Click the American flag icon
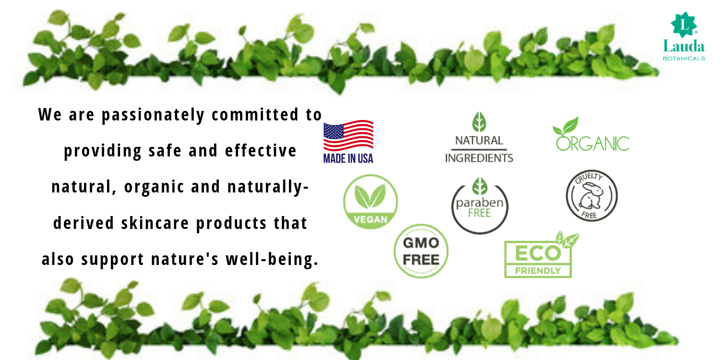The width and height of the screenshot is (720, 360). (x=348, y=135)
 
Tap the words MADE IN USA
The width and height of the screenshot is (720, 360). (x=348, y=158)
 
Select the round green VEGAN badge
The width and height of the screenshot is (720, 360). (x=371, y=202)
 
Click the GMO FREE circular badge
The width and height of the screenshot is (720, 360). (x=421, y=251)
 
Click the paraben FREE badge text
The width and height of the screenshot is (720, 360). (x=480, y=208)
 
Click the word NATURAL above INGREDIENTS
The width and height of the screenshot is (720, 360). (x=479, y=141)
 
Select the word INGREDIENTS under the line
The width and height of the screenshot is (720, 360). (x=479, y=158)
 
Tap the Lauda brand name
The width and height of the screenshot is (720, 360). (x=684, y=46)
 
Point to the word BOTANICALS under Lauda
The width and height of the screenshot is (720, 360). (x=684, y=59)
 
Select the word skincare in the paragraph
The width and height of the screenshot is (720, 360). (x=155, y=223)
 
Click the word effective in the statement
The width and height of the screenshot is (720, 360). (x=261, y=150)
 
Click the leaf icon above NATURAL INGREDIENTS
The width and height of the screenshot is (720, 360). (x=479, y=122)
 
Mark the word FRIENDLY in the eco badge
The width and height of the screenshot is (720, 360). (x=538, y=271)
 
